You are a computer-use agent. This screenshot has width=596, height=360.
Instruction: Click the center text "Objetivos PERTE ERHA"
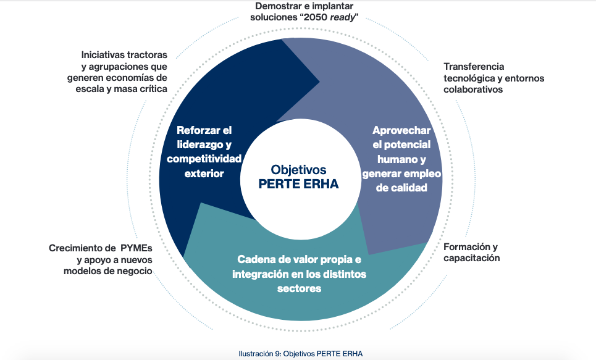pyautogui.click(x=298, y=177)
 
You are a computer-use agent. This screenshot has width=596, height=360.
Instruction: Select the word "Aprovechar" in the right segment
pyautogui.click(x=401, y=130)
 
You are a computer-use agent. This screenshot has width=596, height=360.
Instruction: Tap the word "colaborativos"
pyautogui.click(x=473, y=90)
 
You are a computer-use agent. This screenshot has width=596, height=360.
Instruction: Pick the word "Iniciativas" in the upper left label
pyautogui.click(x=104, y=54)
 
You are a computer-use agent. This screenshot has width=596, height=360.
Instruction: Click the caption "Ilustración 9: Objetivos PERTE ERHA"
pyautogui.click(x=300, y=353)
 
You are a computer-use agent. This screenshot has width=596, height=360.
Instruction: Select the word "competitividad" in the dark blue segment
pyautogui.click(x=204, y=159)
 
